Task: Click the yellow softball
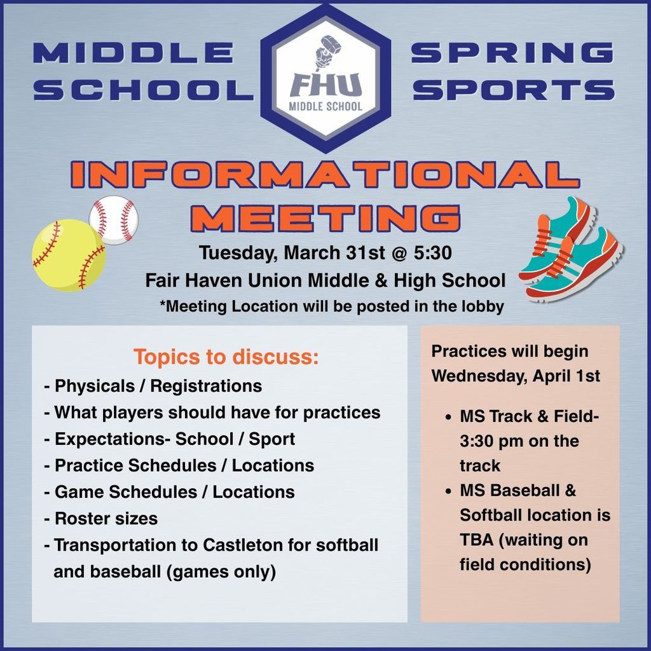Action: pos(68,255)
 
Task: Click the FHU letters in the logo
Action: pos(325,84)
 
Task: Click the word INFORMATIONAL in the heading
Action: pos(325,175)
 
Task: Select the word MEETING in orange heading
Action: pos(325,217)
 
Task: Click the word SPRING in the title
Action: pos(512,53)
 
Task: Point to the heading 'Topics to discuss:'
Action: pos(226,357)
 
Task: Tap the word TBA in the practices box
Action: pos(476,540)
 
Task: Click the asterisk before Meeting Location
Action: pos(163,305)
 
